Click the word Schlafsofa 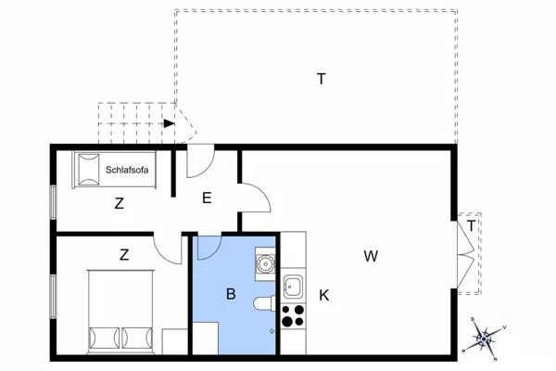(x=129, y=169)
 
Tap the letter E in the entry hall (x=207, y=197)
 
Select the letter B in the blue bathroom (x=231, y=294)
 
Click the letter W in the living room (x=371, y=255)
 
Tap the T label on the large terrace (x=321, y=79)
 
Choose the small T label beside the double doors (x=472, y=225)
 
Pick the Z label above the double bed (x=123, y=252)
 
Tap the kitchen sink (x=294, y=286)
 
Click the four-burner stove (x=293, y=316)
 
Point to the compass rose (x=487, y=338)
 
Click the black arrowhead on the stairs (x=169, y=122)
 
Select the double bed (x=120, y=311)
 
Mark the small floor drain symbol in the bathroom (x=272, y=329)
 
